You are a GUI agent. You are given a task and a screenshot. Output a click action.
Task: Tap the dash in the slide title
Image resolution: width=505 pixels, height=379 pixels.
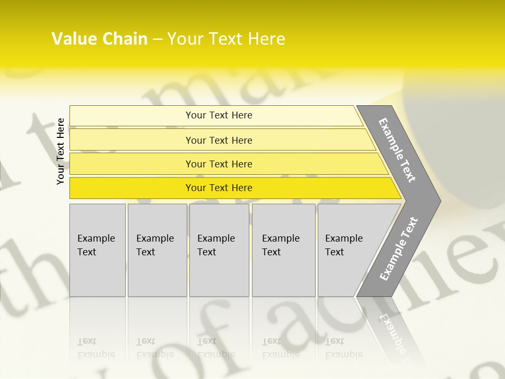coord(157,39)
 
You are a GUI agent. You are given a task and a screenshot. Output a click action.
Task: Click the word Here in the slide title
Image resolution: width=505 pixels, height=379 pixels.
coord(266,39)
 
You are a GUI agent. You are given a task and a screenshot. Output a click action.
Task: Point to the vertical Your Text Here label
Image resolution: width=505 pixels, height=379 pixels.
coord(60,151)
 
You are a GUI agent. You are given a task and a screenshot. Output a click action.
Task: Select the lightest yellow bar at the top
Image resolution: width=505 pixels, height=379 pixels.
coord(218,115)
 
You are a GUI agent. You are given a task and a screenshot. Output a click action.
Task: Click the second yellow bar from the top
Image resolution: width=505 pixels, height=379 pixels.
coord(218,140)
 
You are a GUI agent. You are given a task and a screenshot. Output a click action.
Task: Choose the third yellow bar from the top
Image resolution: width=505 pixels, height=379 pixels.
coord(218,164)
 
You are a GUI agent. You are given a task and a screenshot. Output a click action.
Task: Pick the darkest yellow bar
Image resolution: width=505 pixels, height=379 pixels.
coord(218,188)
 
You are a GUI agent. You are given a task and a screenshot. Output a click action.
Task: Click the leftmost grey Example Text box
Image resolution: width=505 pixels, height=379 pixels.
coord(97,250)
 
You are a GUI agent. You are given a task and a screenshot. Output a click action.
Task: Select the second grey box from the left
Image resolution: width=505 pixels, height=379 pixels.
coord(157,250)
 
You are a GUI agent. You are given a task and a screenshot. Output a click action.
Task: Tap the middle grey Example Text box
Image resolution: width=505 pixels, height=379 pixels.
coord(219,250)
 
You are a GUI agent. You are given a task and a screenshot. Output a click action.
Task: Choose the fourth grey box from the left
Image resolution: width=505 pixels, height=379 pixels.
coord(284,250)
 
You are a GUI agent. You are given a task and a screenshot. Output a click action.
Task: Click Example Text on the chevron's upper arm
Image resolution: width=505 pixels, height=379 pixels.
coord(397,150)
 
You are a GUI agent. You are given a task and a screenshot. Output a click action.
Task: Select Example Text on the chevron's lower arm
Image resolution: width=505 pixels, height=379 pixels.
coord(399,249)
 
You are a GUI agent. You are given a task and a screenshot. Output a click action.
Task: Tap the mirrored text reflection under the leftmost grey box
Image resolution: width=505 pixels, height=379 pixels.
coord(96,348)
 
